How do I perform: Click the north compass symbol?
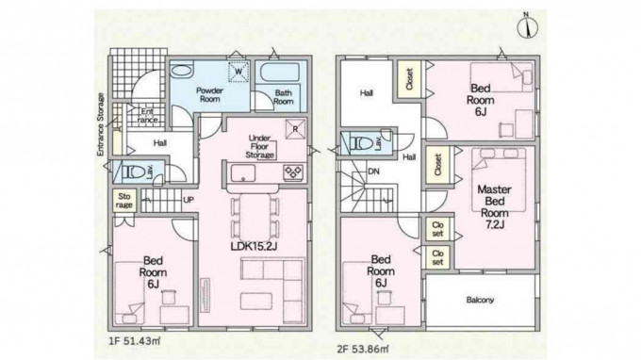527,26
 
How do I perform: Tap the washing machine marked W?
238,72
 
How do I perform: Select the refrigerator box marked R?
296,129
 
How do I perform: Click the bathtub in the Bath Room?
280,73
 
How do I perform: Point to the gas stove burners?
293,172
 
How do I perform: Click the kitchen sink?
243,172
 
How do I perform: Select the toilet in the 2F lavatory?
363,143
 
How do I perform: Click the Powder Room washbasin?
181,71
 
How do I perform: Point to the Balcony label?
481,300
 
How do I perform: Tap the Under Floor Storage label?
259,147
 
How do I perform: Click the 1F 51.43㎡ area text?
135,341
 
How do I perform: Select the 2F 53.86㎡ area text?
363,350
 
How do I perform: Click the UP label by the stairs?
189,200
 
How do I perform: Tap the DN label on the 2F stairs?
373,172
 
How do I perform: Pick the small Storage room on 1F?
123,201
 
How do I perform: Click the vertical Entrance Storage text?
101,124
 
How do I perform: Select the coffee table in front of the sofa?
256,301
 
